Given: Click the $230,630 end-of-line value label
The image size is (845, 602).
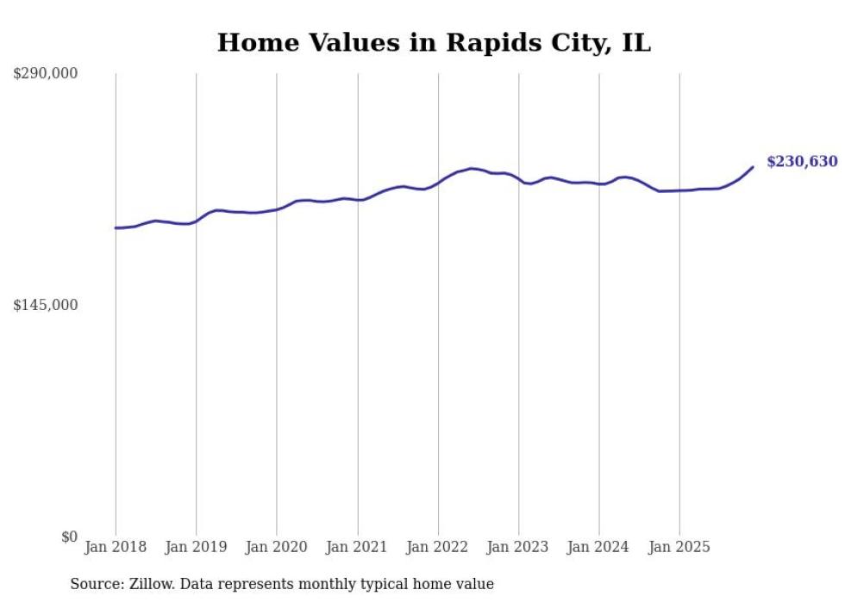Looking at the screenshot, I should tap(801, 162).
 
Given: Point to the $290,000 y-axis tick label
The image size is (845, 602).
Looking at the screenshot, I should tap(46, 74).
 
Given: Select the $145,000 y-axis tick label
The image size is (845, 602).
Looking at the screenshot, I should tap(46, 305).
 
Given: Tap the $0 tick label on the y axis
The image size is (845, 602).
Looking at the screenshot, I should tap(69, 537).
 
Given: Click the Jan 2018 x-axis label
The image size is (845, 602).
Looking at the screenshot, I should tap(116, 547).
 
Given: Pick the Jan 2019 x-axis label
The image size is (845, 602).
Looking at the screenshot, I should tap(196, 547).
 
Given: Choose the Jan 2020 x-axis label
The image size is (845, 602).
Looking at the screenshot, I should tap(277, 547).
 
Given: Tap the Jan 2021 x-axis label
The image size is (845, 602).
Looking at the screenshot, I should tap(357, 547).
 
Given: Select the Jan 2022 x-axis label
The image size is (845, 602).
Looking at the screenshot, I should tap(438, 547).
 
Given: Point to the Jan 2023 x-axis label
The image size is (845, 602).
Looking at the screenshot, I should tap(518, 547).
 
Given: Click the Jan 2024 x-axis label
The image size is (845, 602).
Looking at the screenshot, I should tap(599, 547).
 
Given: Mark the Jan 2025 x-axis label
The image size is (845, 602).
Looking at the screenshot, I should tap(679, 547).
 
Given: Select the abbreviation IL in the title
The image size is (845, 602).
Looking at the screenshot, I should tap(635, 42).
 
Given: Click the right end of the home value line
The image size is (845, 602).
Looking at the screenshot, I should tap(753, 167).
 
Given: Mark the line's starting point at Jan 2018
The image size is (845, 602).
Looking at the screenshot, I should tap(116, 228).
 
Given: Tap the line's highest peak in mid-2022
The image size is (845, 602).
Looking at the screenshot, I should tap(472, 168).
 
